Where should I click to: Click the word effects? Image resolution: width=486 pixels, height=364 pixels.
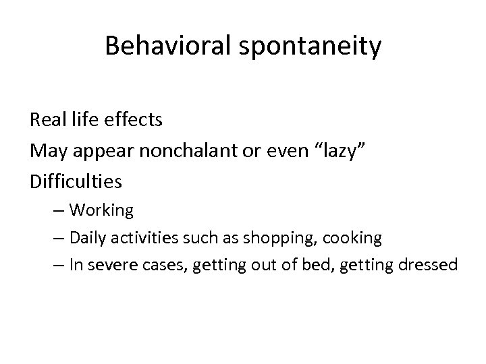point(138,120)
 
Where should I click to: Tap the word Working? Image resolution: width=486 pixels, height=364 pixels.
point(101,211)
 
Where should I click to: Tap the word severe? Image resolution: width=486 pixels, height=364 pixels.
point(113,265)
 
